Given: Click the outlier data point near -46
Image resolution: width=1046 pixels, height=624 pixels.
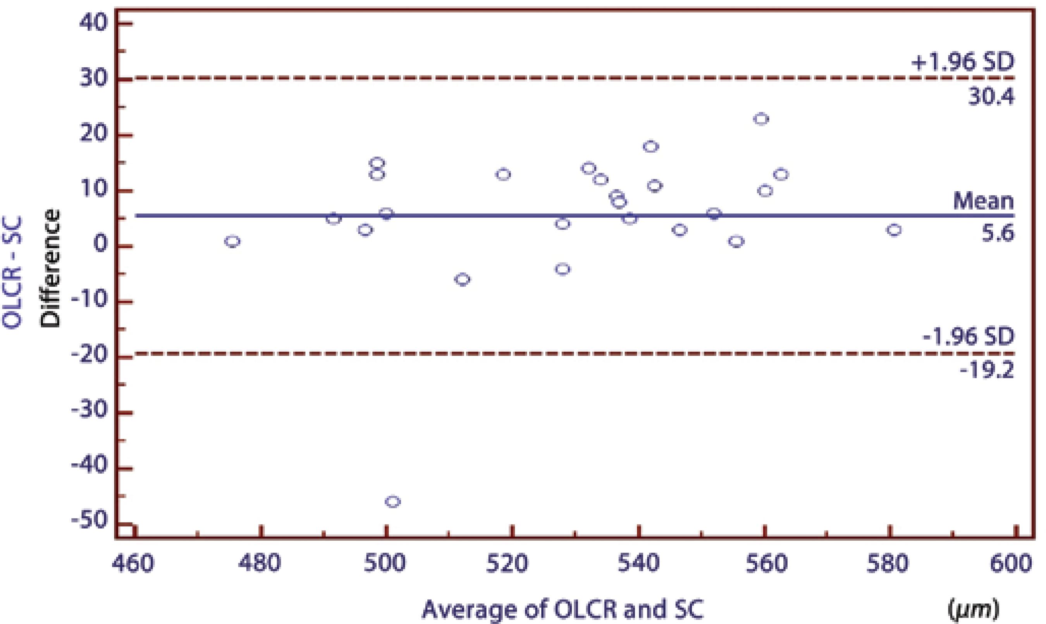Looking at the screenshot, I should coord(392,502).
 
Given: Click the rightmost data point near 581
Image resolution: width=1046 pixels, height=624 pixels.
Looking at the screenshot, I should coord(894,230).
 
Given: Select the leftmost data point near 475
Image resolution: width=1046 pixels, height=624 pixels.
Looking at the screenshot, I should coord(232,241).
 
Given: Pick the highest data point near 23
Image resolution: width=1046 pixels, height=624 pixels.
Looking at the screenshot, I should coord(761,119).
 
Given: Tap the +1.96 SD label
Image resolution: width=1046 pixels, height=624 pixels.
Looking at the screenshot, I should coord(962,62).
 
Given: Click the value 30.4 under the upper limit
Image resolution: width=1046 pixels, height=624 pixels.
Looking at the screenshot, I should coord(991,98).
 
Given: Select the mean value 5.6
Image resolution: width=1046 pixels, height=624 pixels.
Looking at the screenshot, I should coord(997,234).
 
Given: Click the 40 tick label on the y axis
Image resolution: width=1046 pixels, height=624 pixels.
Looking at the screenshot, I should coord(93,24).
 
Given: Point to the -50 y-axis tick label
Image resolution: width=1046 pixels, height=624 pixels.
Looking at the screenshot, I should coord(89,521).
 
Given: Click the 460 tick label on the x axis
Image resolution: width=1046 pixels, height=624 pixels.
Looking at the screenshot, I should coord(133,564).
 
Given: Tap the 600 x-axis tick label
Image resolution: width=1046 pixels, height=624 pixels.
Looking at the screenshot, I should coord(1011,564).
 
